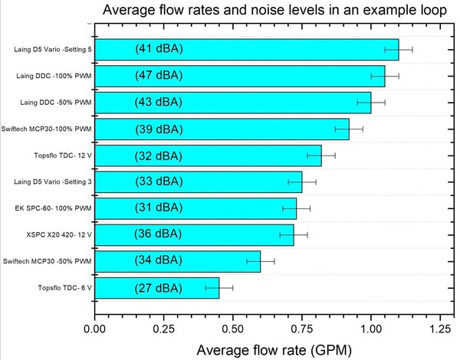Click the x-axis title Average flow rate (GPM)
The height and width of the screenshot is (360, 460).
[274, 350]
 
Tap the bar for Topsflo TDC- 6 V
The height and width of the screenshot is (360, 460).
[157, 288]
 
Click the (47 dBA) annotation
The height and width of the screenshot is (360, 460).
[158, 76]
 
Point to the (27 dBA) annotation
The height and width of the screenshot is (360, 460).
[158, 288]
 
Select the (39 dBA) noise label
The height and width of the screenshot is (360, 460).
[158, 129]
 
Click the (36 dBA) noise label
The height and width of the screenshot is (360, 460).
[158, 235]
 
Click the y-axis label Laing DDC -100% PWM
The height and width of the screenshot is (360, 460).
[54, 76]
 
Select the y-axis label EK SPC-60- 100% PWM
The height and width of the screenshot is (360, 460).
[54, 208]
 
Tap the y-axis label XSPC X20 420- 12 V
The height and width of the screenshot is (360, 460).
[54, 235]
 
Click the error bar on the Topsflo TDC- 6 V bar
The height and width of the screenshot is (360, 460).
[219, 288]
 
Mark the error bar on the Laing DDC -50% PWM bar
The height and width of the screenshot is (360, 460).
[371, 103]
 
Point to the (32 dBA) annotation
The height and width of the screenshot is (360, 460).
[158, 155]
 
